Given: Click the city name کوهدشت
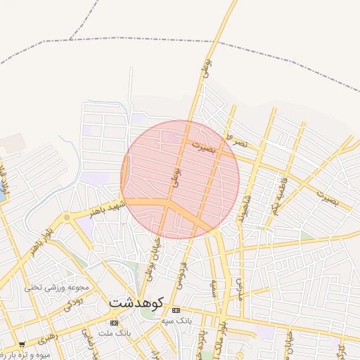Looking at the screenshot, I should (x=136, y=302).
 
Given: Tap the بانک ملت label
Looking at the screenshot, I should (x=110, y=332).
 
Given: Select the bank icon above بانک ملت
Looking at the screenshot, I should (x=115, y=322).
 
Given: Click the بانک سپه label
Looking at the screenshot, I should (x=176, y=321).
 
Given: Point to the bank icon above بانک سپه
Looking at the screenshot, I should (x=176, y=310).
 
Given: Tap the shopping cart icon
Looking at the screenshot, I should (x=22, y=345).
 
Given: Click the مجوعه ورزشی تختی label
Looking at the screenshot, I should (x=56, y=287).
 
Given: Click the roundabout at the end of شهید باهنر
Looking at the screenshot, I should (x=67, y=217).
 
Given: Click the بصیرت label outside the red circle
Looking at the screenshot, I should (x=326, y=197).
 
